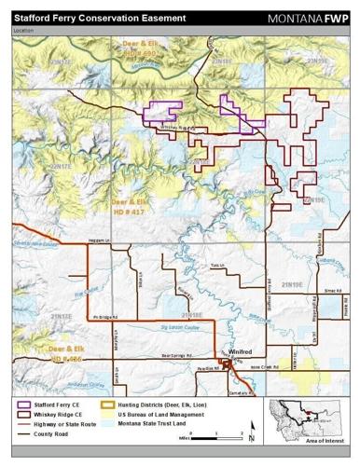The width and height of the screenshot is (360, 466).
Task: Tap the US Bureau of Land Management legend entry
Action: [x=162, y=416]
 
